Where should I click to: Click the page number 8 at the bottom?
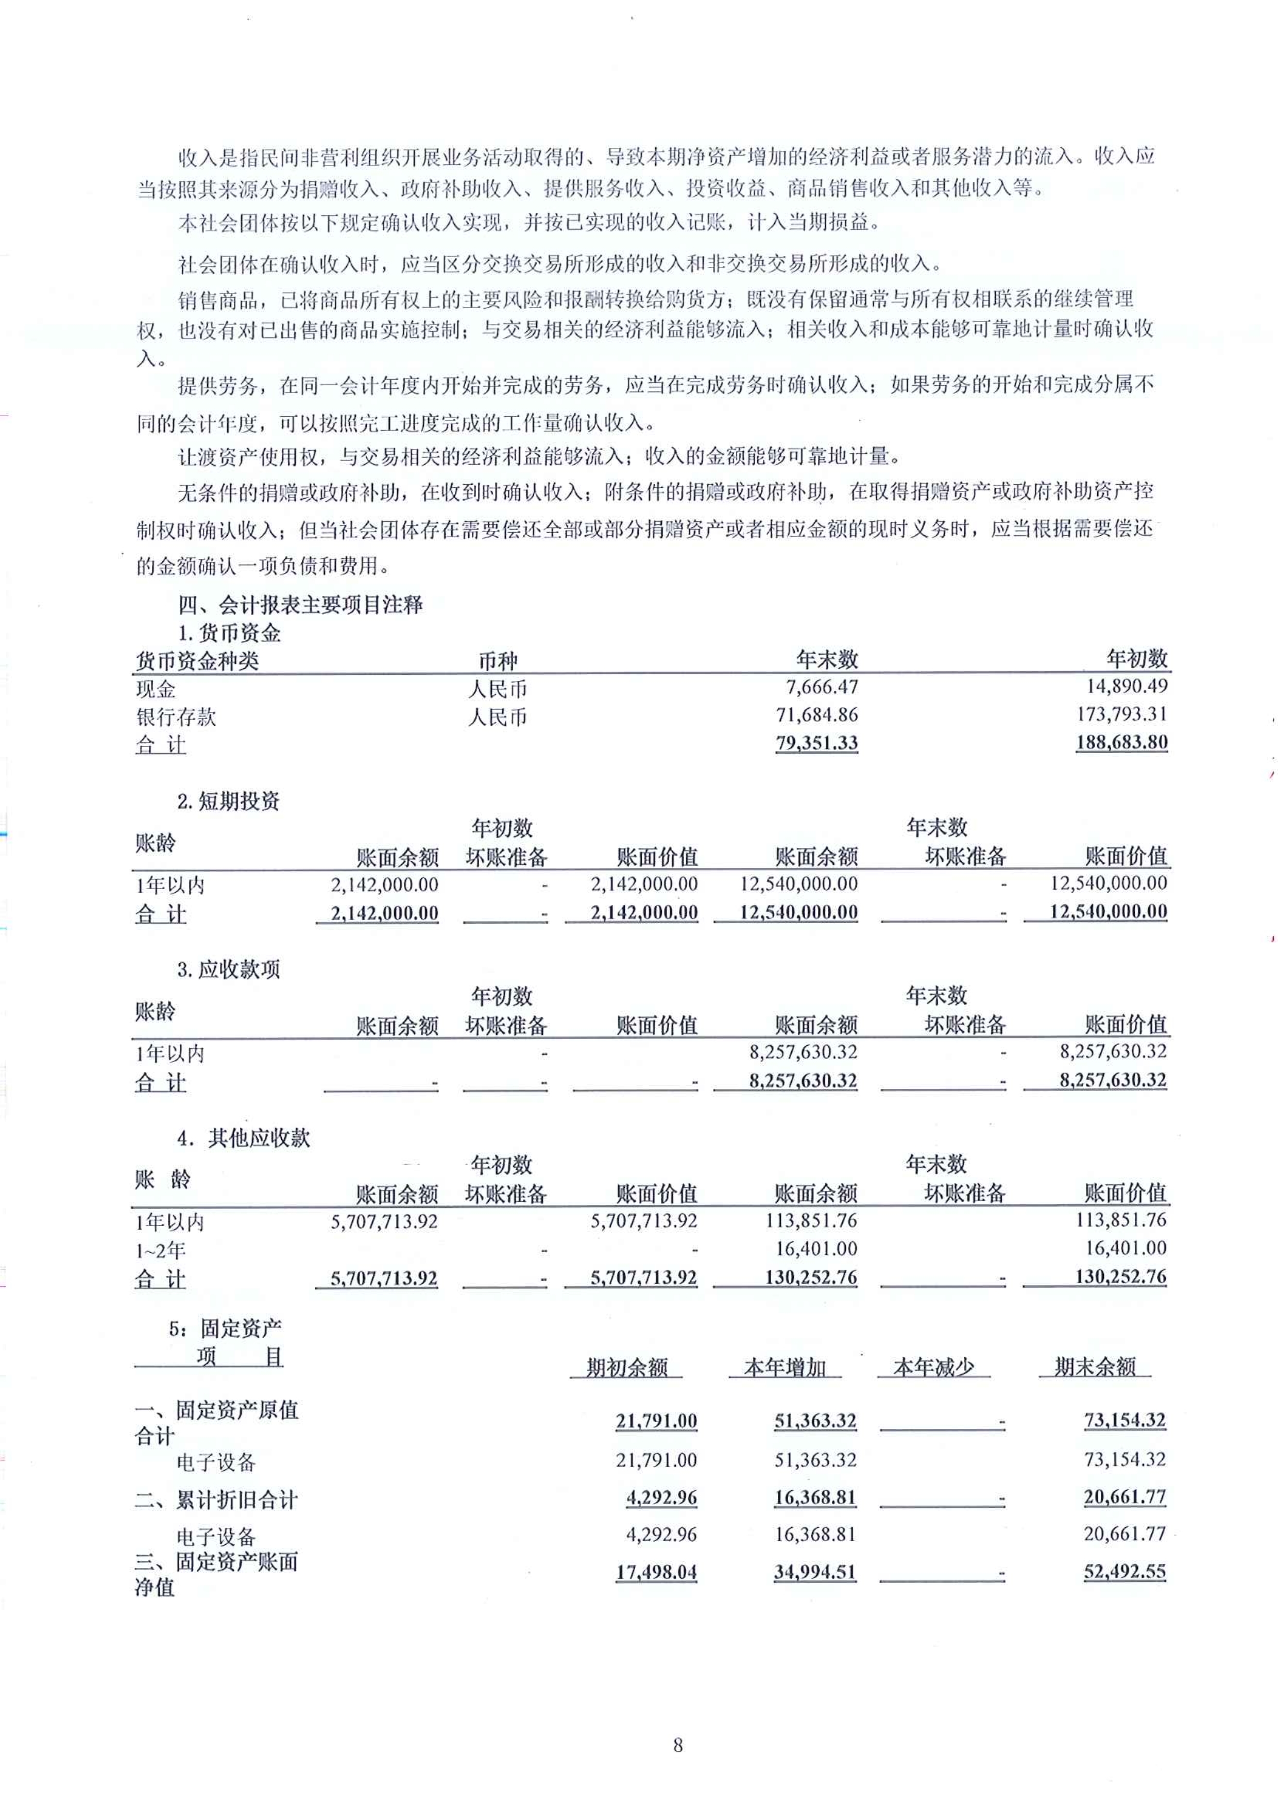(677, 1746)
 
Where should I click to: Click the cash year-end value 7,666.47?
(822, 687)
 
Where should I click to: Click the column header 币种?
(498, 661)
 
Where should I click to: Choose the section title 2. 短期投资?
(228, 801)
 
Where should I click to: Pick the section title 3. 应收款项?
(228, 969)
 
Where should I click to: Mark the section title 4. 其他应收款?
(243, 1138)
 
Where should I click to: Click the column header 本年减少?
(933, 1367)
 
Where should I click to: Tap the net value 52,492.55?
(1124, 1572)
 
